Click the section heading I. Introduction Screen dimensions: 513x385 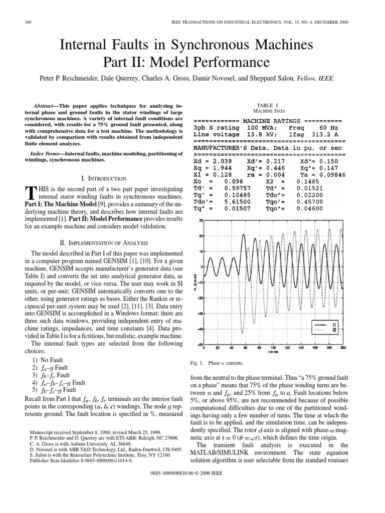(99, 178)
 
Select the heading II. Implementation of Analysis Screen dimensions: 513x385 (99, 241)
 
